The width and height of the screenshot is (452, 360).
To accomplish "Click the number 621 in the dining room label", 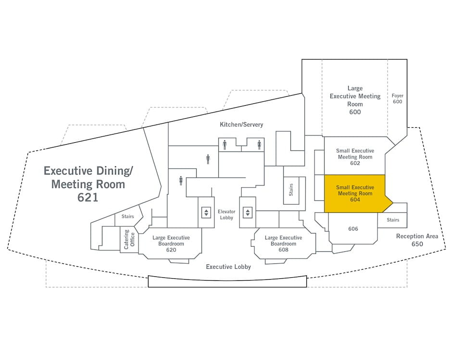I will click(x=88, y=197).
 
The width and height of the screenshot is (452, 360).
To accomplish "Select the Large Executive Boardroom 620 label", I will click(x=171, y=244).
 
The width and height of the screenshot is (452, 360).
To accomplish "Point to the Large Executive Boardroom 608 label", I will click(x=283, y=244).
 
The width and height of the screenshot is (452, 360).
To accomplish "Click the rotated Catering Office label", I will click(x=129, y=239).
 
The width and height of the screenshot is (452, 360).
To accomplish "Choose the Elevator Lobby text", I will click(x=226, y=214).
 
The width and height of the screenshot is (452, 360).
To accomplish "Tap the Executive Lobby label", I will click(x=228, y=267).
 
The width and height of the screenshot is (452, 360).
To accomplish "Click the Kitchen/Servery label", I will click(x=241, y=124).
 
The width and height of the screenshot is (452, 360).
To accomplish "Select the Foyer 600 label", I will click(x=397, y=99).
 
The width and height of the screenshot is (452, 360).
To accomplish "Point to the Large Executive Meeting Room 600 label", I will click(x=355, y=100).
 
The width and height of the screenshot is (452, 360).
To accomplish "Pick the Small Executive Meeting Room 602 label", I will click(x=355, y=157).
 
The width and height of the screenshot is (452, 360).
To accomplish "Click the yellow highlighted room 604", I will click(x=355, y=194).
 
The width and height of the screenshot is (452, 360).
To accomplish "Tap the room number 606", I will click(x=353, y=229).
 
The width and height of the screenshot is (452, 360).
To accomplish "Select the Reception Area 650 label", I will click(x=417, y=240).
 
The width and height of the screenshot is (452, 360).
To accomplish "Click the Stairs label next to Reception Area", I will click(x=393, y=220).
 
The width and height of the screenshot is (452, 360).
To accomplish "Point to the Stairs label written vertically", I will click(x=291, y=190).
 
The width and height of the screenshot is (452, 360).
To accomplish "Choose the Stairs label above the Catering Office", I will click(x=127, y=217).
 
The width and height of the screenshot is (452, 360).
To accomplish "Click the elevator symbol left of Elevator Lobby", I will click(x=206, y=212).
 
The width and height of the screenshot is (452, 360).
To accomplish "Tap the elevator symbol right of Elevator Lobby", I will click(x=248, y=212).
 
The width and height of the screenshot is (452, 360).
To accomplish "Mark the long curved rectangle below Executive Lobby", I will click(x=227, y=281).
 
